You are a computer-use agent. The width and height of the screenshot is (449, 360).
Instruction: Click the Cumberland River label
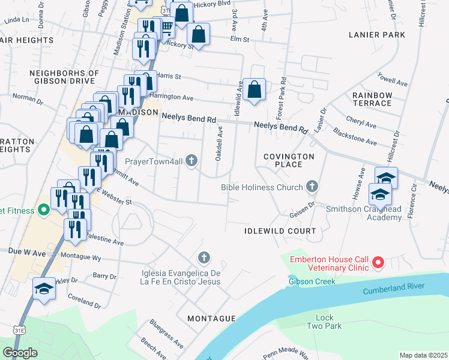397,291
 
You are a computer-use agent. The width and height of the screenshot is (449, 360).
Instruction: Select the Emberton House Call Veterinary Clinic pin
378,262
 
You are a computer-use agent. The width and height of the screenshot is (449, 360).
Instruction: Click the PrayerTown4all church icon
191,160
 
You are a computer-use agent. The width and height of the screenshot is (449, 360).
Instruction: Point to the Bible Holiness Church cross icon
312,187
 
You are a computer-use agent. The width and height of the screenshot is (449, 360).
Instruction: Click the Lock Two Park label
328,322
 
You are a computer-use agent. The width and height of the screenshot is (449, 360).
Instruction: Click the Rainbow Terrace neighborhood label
372,99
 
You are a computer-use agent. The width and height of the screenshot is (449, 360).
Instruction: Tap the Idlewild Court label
280,231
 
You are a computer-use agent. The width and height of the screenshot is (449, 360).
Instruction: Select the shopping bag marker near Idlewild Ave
255,90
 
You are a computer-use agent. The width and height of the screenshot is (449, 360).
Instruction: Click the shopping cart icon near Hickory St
167,26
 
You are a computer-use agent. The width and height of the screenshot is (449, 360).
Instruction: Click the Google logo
20,353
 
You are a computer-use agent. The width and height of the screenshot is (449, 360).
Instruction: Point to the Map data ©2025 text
423,355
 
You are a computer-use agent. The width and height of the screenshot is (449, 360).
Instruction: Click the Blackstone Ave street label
354,136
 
